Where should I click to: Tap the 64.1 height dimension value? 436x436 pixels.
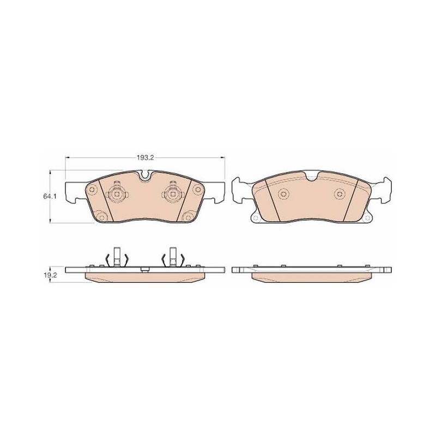pyautogui.click(x=50, y=196)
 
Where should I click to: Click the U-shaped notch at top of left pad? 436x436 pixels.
pyautogui.click(x=145, y=175)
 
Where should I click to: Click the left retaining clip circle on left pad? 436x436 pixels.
pyautogui.click(x=117, y=193)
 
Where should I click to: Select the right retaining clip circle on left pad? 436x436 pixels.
pyautogui.click(x=172, y=193)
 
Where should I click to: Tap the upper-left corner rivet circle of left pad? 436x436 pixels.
pyautogui.click(x=92, y=190)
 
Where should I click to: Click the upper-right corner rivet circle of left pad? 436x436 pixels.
pyautogui.click(x=198, y=190)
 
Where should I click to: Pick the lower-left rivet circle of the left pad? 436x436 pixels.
pyautogui.click(x=102, y=216)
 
